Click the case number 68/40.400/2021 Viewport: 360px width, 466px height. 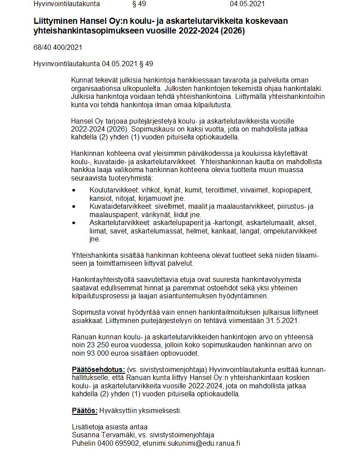(x=58, y=47)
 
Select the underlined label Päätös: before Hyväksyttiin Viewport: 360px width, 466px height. (x=85, y=411)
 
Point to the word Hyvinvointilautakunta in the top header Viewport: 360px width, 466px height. (x=67, y=4)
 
